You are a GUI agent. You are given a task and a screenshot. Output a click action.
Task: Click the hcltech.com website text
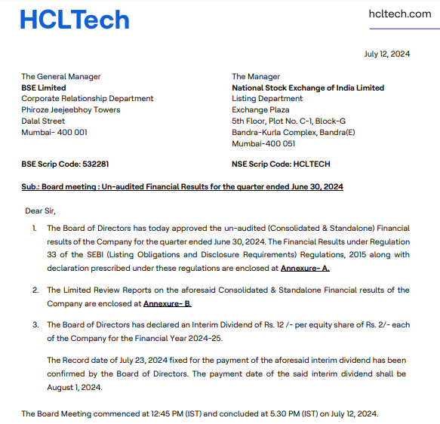[x=399, y=14]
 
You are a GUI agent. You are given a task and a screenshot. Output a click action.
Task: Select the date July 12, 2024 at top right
[x=386, y=54]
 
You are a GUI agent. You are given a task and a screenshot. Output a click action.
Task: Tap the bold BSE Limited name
[x=43, y=88]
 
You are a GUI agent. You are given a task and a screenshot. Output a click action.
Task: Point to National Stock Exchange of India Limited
[x=307, y=88]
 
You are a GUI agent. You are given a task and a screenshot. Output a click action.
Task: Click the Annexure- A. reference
[x=305, y=268]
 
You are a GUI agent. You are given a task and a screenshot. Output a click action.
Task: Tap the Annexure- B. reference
[x=167, y=303]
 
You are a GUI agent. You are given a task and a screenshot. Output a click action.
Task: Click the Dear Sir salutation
[x=41, y=210]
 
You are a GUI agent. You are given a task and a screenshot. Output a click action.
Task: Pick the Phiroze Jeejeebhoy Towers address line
[x=70, y=110]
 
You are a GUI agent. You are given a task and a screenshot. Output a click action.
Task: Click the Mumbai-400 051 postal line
[x=263, y=143]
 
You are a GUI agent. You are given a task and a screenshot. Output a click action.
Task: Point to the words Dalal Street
[x=43, y=121]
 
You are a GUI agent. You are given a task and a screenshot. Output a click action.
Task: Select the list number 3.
[x=34, y=325]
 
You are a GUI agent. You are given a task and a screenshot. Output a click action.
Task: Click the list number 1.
[x=34, y=227]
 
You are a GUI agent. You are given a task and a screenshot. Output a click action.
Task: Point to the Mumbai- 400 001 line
[x=54, y=132]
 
